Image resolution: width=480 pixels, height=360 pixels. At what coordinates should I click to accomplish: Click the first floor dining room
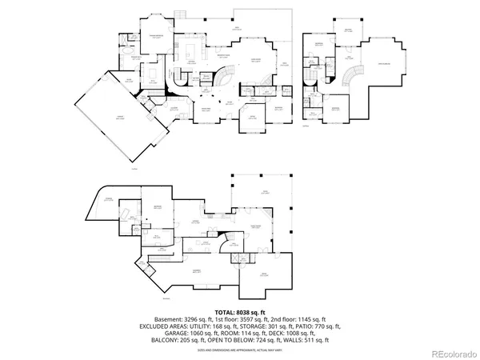(205, 110)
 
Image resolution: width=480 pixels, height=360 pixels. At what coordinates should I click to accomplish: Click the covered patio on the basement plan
(263, 192)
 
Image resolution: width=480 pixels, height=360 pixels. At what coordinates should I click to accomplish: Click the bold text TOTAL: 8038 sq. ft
(239, 312)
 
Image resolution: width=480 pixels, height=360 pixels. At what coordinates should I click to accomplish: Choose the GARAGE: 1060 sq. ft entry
(171, 333)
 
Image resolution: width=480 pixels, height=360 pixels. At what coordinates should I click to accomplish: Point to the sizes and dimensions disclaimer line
(239, 350)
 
